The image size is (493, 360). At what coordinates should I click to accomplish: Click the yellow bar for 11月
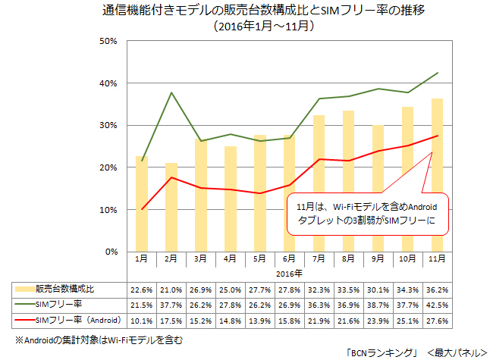tap(437, 174)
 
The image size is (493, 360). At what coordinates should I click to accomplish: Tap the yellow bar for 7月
tap(319, 183)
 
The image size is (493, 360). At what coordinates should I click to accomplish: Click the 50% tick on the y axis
tap(108, 41)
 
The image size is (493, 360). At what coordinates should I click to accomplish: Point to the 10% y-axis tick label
tap(108, 209)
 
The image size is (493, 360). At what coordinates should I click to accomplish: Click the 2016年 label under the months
tap(289, 273)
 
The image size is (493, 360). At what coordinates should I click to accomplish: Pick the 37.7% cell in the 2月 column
tap(171, 303)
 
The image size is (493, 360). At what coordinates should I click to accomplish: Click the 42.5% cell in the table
tap(437, 303)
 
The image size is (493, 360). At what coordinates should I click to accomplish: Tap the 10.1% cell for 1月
tap(141, 318)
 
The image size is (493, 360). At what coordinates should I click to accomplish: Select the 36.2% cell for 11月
tap(437, 288)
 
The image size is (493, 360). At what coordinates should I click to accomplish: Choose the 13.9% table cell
tap(259, 318)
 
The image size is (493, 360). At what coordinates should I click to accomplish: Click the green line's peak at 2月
tap(171, 92)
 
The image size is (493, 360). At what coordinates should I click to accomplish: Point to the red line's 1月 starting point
tap(142, 209)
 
